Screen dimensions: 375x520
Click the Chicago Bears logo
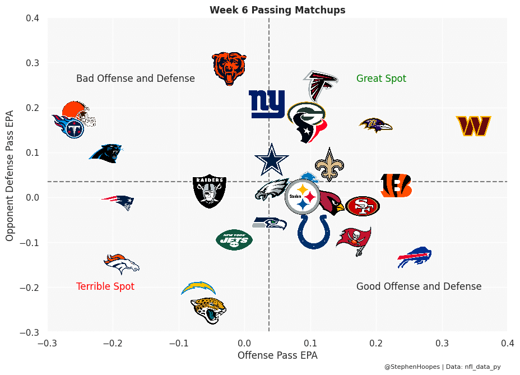[x=229, y=68]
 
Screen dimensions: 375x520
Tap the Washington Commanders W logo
[x=473, y=126]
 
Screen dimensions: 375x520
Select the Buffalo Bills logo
[x=415, y=257]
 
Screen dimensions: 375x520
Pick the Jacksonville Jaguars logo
[x=208, y=310]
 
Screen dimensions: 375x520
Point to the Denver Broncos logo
[x=122, y=263]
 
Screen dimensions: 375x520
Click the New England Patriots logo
[x=118, y=202]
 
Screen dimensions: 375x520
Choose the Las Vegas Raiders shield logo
[x=209, y=191]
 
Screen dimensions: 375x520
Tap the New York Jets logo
[x=234, y=240]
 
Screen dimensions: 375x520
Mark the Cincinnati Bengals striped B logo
[x=396, y=186]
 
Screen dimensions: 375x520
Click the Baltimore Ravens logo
[x=375, y=125]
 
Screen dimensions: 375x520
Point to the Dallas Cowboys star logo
[x=272, y=160]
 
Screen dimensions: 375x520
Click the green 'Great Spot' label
[x=381, y=79]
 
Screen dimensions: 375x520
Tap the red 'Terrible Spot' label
[x=105, y=286]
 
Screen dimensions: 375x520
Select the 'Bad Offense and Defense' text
[x=136, y=79]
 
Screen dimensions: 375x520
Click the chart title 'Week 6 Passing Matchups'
[x=277, y=10]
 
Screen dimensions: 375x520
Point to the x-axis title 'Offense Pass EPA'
[x=277, y=355]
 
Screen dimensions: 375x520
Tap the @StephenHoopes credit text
[x=412, y=367]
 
